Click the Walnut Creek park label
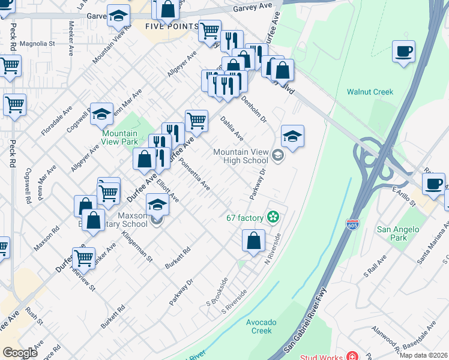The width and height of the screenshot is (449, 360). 370,92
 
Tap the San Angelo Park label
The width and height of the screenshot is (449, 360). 392,233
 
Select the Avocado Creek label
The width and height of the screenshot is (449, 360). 262,326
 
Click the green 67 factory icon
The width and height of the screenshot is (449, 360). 273,217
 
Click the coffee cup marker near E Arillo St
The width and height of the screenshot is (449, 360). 433,184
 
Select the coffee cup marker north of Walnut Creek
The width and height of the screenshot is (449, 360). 404,51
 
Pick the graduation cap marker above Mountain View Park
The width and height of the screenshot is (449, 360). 101,113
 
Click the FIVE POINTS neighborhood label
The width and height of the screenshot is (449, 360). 171,26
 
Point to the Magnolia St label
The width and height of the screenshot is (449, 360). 37,44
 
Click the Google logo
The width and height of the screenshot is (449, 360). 20,353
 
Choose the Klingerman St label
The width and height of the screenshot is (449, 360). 139,245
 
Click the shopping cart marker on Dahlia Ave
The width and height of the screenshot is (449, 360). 196,121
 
